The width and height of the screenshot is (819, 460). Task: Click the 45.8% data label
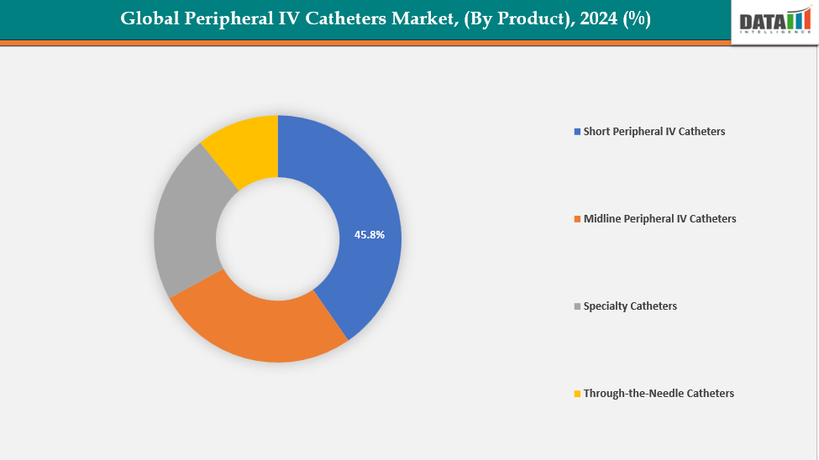click(370, 235)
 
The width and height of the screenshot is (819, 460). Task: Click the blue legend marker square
click(577, 132)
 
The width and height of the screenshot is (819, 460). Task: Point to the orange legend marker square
click(577, 219)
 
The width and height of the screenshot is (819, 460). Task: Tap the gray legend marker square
click(577, 306)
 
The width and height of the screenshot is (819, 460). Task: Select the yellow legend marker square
click(577, 394)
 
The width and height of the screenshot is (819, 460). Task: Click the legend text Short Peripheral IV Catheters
click(654, 132)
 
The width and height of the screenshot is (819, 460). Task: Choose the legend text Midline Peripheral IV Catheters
click(659, 219)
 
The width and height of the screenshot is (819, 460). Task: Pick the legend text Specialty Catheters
click(630, 306)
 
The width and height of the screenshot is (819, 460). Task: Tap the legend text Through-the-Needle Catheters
click(659, 394)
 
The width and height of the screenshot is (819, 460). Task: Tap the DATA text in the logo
click(761, 20)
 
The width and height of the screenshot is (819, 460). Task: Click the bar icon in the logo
click(798, 18)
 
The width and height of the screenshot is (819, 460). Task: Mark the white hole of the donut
click(278, 238)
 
